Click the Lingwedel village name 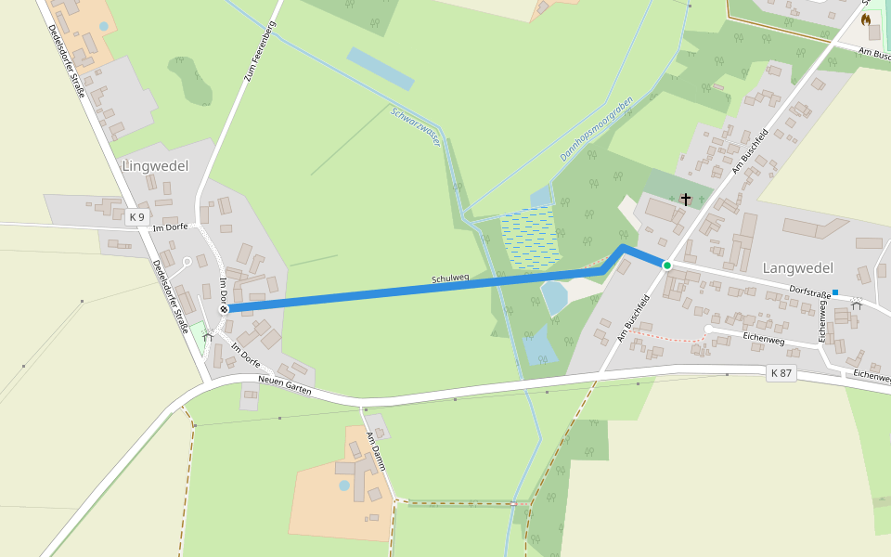click(x=155, y=166)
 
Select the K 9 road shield click(x=137, y=216)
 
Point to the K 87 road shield click(x=781, y=372)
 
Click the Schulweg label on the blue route click(x=450, y=278)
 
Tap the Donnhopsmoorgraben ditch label click(x=596, y=129)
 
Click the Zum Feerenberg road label click(x=261, y=51)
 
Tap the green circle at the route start click(x=666, y=266)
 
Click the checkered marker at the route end click(x=224, y=308)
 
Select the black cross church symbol click(x=686, y=199)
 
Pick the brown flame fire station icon click(x=866, y=19)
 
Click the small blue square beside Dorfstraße click(x=835, y=292)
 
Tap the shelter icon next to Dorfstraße click(x=856, y=303)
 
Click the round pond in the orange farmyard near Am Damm click(x=344, y=485)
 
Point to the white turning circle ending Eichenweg click(x=708, y=329)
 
